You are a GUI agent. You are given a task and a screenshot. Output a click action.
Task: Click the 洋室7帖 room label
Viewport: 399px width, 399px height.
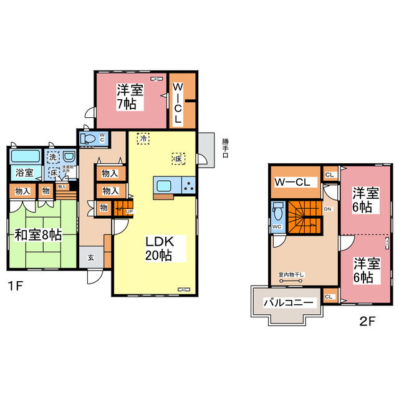[130, 97]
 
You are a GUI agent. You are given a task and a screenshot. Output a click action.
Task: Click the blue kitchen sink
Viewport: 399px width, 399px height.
[166, 186]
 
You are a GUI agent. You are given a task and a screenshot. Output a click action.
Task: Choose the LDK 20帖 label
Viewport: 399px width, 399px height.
[160, 248]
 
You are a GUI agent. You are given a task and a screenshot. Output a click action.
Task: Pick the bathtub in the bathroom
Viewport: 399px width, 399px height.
[26, 156]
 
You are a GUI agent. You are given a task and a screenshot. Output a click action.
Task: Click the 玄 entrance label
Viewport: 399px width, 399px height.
[91, 257]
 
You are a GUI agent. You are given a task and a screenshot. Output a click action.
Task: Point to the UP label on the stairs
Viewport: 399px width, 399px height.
[129, 212]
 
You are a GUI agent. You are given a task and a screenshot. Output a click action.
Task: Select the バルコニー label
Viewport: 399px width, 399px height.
[289, 303]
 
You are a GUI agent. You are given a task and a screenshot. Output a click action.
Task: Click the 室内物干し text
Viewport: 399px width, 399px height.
[291, 274]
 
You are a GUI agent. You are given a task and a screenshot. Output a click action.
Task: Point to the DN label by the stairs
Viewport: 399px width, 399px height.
[327, 209]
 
